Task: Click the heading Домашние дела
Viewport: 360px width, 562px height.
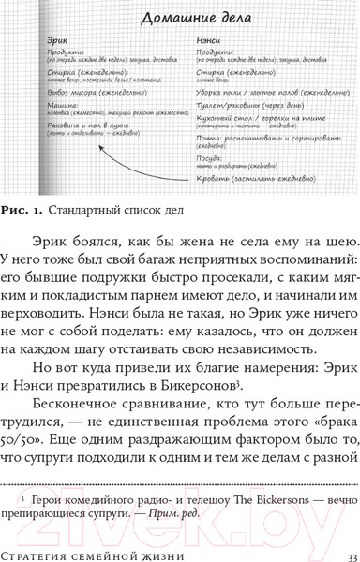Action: click(182, 18)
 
